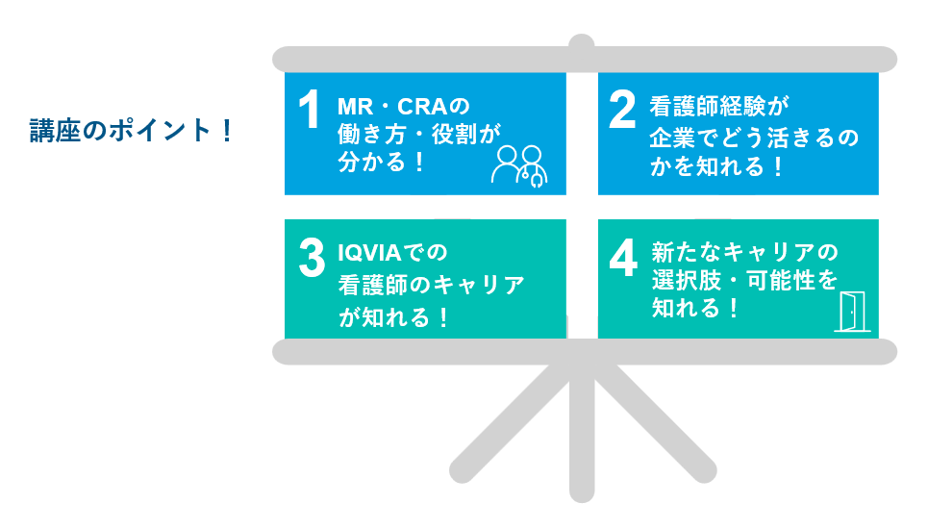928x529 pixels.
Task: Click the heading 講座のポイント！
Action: [x=132, y=131]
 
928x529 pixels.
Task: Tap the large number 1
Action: [x=309, y=110]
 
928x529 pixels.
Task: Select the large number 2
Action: [x=622, y=110]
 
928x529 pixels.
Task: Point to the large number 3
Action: [x=312, y=258]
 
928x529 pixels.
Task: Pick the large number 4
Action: [x=623, y=258]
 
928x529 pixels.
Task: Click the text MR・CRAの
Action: [x=404, y=107]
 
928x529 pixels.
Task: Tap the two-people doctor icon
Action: [x=519, y=166]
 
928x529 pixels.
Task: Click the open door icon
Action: [x=852, y=312]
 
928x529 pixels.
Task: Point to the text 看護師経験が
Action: [x=719, y=107]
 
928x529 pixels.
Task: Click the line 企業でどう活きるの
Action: [x=754, y=138]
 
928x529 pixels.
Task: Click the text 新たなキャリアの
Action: [x=745, y=252]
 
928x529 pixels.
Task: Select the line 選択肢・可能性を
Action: [x=744, y=280]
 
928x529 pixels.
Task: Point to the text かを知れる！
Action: [x=716, y=166]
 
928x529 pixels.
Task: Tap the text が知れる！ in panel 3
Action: [x=394, y=317]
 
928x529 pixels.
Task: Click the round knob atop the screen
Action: [x=581, y=42]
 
